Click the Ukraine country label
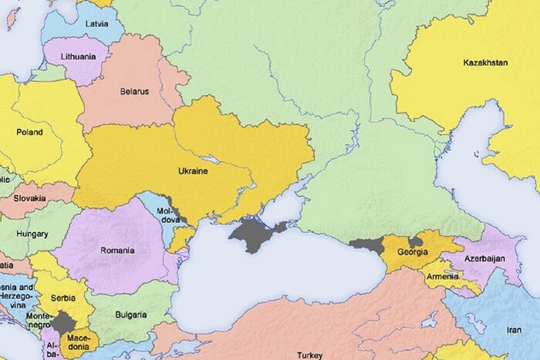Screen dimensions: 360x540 click(194, 171)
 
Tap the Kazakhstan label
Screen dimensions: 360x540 click(485, 62)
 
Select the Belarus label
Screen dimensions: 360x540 click(134, 91)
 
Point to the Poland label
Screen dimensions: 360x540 click(29, 132)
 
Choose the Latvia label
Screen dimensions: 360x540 click(97, 23)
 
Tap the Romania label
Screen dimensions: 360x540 click(117, 250)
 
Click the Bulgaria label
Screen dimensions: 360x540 click(130, 315)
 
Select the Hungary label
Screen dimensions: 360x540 click(33, 233)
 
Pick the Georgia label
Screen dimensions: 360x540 click(413, 252)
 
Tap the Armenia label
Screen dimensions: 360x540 click(441, 276)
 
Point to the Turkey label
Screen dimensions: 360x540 click(310, 355)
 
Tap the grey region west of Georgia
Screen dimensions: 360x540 click(368, 246)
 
